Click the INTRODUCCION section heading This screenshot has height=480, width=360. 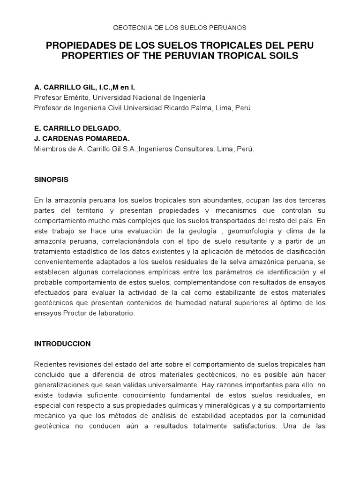pos(62,344)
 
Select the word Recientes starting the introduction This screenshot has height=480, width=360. pos(50,364)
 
